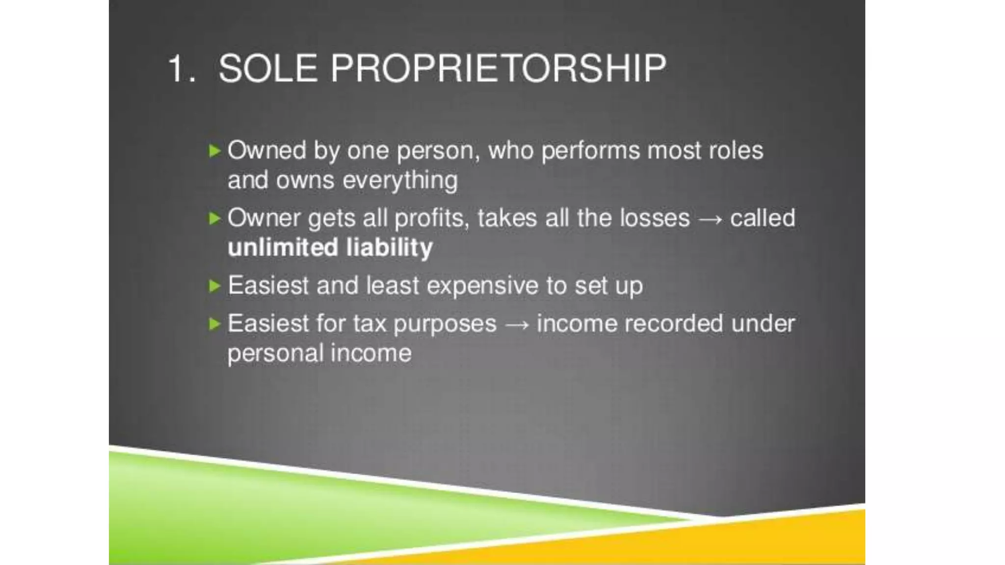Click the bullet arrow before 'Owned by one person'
tap(214, 151)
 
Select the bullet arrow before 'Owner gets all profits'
tap(214, 218)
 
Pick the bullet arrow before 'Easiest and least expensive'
tap(214, 285)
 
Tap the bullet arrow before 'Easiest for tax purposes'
tap(214, 324)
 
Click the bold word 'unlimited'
tap(283, 247)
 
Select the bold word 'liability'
tap(389, 247)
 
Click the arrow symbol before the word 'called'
tap(710, 219)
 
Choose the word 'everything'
tap(400, 180)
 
